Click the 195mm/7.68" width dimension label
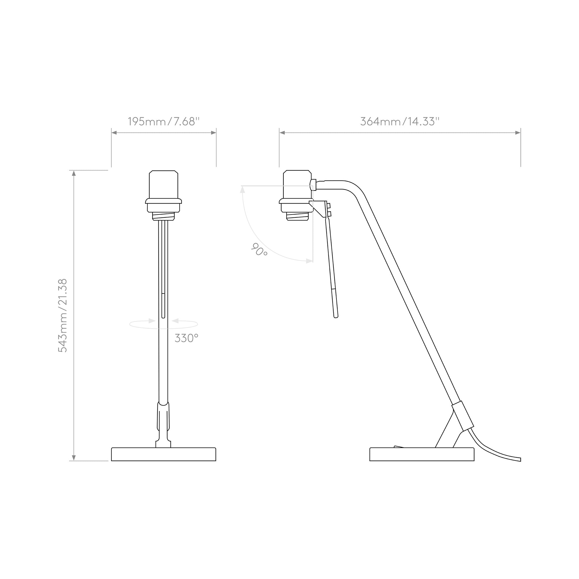pyautogui.click(x=164, y=121)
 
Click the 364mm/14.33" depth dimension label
pyautogui.click(x=400, y=121)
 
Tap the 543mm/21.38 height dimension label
pyautogui.click(x=63, y=316)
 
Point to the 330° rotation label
pyautogui.click(x=186, y=338)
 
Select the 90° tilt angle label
pyautogui.click(x=259, y=249)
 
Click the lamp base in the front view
pyautogui.click(x=164, y=454)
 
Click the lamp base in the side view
pyautogui.click(x=422, y=454)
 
